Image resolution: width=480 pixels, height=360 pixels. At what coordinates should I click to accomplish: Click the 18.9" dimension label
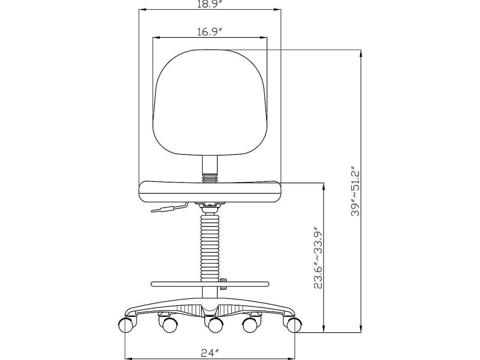[x=210, y=4]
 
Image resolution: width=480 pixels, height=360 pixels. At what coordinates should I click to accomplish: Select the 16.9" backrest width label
[x=210, y=32]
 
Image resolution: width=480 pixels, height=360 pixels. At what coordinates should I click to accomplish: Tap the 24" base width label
[x=210, y=352]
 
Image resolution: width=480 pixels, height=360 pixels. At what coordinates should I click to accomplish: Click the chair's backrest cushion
[x=210, y=102]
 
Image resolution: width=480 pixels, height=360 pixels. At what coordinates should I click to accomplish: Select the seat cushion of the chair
[x=210, y=191]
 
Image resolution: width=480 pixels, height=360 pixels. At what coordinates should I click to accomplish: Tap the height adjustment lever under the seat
[x=169, y=208]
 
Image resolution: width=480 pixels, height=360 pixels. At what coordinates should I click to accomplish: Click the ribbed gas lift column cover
[x=210, y=247]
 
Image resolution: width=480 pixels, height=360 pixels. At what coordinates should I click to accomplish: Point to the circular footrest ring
[x=210, y=284]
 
